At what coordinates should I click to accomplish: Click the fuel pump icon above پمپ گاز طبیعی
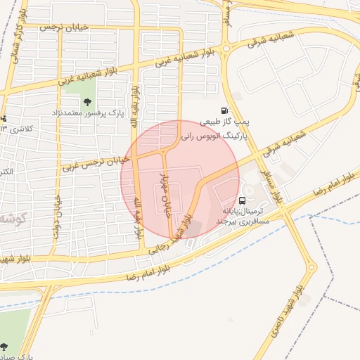pyautogui.click(x=224, y=110)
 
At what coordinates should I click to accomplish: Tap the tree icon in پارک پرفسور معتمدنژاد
pyautogui.click(x=86, y=102)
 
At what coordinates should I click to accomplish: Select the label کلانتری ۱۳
pyautogui.click(x=17, y=129)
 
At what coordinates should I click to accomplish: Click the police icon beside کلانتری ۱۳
pyautogui.click(x=3, y=118)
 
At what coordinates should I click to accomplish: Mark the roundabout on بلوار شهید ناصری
pyautogui.click(x=311, y=267)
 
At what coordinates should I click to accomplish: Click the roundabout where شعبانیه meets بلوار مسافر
pyautogui.click(x=225, y=48)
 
